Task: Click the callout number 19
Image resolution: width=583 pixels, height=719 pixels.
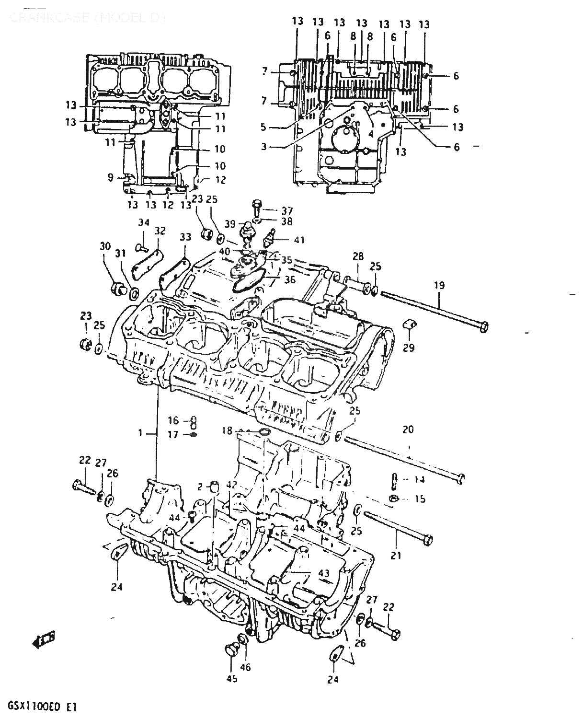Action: pyautogui.click(x=439, y=286)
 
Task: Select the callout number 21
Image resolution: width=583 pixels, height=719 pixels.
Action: pyautogui.click(x=396, y=556)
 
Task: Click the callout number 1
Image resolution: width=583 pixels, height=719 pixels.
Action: pyautogui.click(x=141, y=433)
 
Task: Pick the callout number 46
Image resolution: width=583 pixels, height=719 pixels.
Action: pyautogui.click(x=245, y=667)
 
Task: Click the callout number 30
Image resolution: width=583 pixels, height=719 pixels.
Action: pyautogui.click(x=105, y=246)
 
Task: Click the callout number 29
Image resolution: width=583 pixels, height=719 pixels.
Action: pyautogui.click(x=408, y=348)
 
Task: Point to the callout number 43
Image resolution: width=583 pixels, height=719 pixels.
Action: pyautogui.click(x=324, y=573)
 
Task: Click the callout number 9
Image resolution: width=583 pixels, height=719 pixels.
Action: pyautogui.click(x=110, y=178)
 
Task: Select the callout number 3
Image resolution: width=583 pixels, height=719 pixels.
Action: pyautogui.click(x=264, y=146)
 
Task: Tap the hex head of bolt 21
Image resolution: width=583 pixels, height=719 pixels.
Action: pyautogui.click(x=428, y=540)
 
